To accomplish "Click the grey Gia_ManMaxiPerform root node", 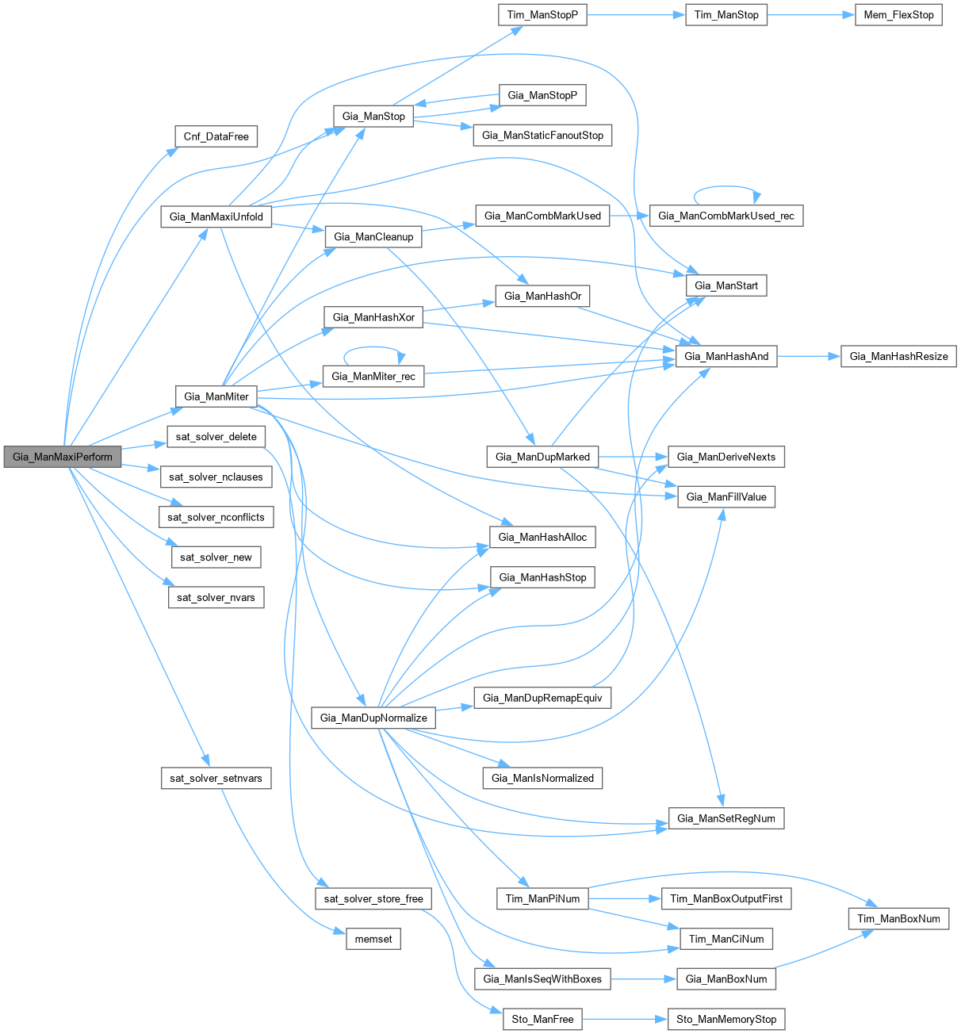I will click(x=63, y=457).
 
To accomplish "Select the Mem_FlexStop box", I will click(x=898, y=15).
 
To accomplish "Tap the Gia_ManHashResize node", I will click(x=898, y=356).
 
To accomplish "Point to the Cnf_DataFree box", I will click(x=216, y=136).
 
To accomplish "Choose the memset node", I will click(x=373, y=939).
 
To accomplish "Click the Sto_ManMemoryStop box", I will click(x=726, y=1019).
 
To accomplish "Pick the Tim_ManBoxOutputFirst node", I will click(x=726, y=898).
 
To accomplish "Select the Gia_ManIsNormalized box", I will click(x=542, y=778).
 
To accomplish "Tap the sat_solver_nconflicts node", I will click(x=216, y=517).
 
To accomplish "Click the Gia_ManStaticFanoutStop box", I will click(x=542, y=136).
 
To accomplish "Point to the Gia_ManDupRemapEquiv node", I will click(x=542, y=698).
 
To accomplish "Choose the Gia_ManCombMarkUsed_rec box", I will click(x=726, y=216).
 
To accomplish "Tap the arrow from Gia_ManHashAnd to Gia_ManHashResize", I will click(x=808, y=356).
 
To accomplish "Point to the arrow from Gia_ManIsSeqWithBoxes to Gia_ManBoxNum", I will click(x=642, y=978).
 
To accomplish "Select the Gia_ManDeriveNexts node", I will click(x=726, y=457).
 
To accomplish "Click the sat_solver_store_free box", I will click(x=373, y=898).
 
